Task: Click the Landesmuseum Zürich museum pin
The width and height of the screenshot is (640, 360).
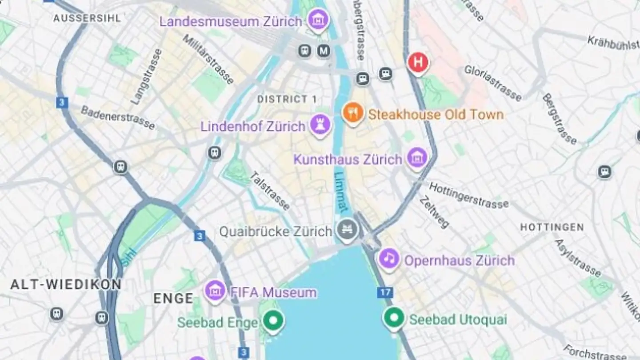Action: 318,20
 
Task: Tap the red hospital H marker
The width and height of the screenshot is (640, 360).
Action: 418,63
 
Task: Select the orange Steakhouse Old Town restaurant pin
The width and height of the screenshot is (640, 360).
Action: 353,113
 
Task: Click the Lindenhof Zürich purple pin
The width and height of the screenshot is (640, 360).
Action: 320,124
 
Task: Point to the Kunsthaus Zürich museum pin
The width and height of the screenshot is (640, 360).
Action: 417,158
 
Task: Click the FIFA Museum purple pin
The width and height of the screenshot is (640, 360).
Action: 215,291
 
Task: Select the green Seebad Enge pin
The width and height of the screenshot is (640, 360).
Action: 272,320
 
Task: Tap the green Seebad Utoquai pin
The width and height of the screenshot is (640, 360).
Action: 394,318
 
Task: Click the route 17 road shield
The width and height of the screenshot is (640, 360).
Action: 384,293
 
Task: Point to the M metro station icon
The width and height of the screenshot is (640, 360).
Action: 324,51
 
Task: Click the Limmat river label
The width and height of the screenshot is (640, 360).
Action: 341,192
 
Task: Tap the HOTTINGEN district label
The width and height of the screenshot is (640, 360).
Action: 552,228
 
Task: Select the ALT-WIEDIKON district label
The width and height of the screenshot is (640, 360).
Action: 66,285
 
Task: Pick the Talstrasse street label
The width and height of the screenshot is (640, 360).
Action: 270,191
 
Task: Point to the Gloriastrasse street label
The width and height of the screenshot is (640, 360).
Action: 493,83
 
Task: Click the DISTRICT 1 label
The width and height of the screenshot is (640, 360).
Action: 287,99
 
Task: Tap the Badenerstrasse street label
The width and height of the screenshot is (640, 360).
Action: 118,118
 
